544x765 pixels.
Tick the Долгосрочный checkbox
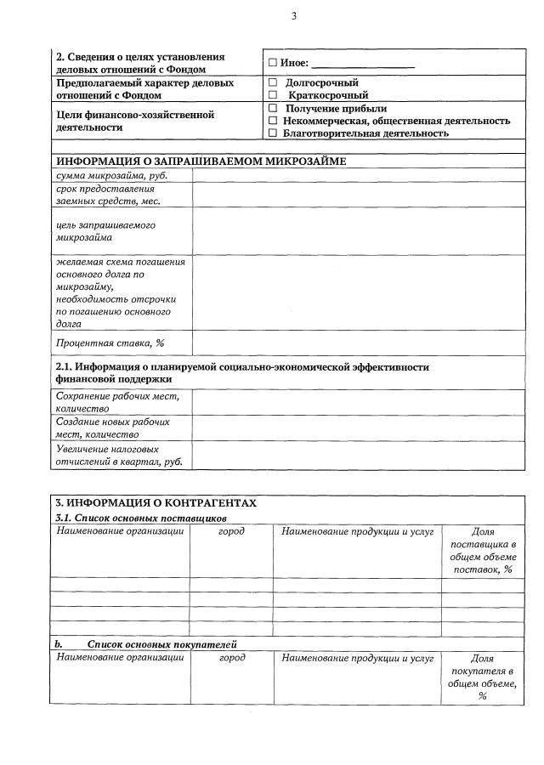(273, 83)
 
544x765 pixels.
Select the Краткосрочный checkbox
(273, 96)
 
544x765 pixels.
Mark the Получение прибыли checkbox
(273, 109)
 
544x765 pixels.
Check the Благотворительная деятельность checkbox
(273, 133)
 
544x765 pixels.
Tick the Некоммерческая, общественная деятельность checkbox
(273, 122)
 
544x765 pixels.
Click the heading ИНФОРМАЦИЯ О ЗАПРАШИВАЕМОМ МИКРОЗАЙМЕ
(201, 161)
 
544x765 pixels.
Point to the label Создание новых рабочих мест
(113, 428)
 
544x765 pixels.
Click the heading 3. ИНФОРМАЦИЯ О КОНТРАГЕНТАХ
(156, 502)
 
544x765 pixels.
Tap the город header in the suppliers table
(231, 531)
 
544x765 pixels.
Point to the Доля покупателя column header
(482, 677)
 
